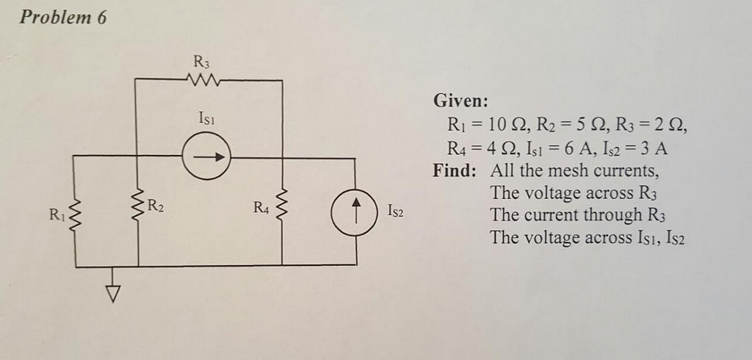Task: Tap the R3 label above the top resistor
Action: point(200,61)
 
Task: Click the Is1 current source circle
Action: point(206,156)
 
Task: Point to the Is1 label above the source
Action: point(206,118)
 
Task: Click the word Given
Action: point(460,100)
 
